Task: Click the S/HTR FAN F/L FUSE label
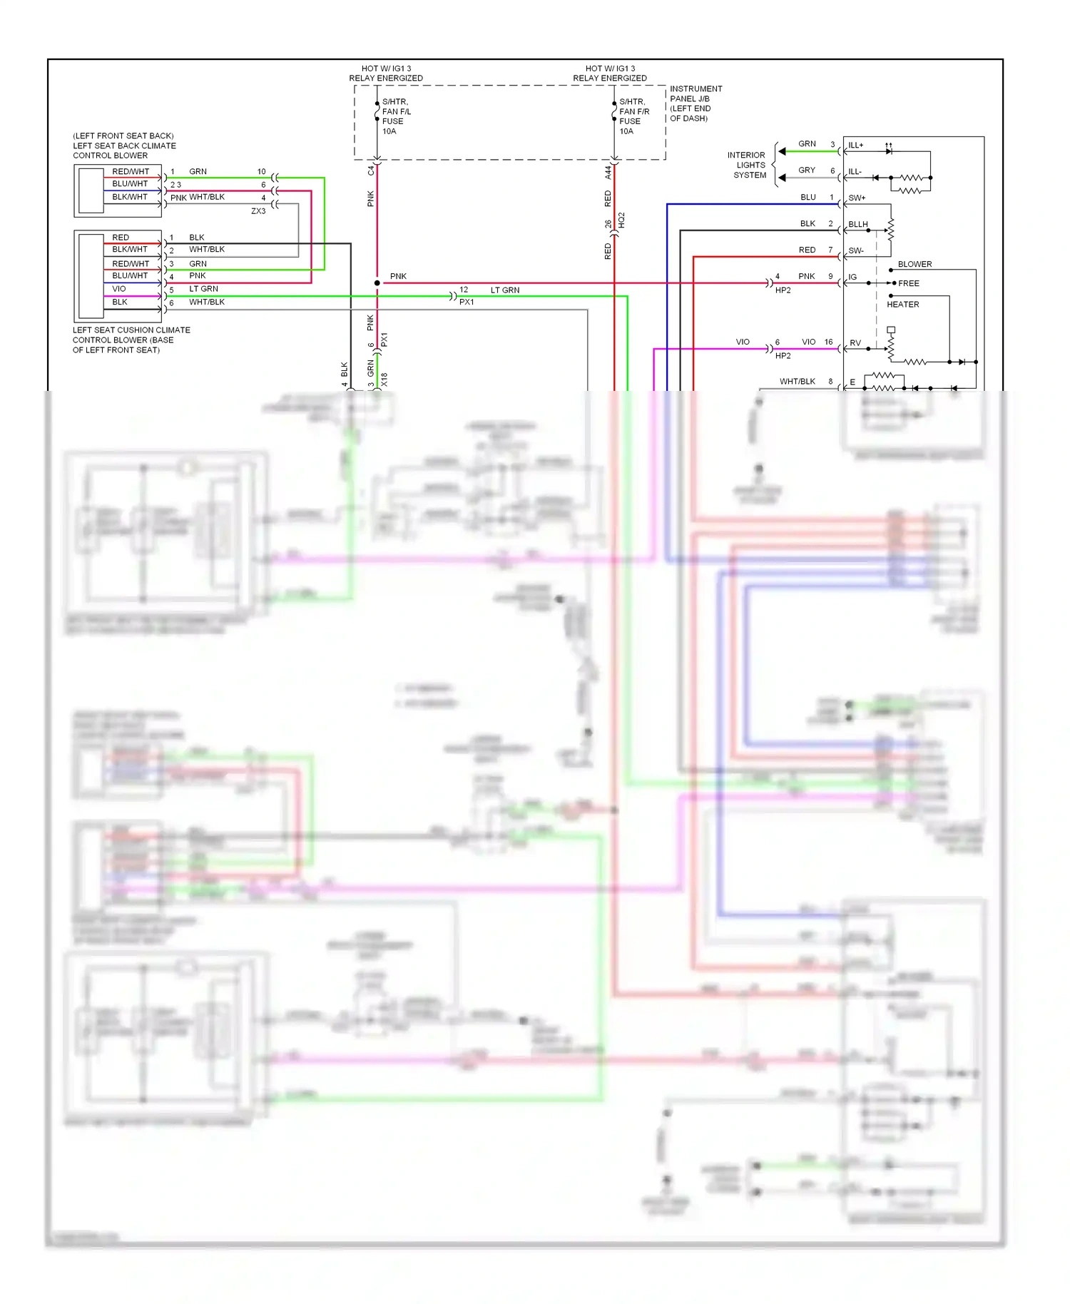tap(396, 116)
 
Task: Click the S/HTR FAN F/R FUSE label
tap(633, 116)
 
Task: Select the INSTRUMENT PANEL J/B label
tap(695, 103)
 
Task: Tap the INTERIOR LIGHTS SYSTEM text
tap(747, 165)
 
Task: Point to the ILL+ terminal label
tap(855, 146)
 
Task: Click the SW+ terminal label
tap(856, 198)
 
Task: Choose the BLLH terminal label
tap(857, 225)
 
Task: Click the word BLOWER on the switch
tap(914, 265)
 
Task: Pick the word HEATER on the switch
tap(902, 305)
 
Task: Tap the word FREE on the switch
tap(908, 284)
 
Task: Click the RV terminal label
tap(855, 344)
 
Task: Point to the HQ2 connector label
tap(621, 220)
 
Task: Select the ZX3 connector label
tap(258, 212)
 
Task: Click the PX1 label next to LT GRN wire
tap(467, 302)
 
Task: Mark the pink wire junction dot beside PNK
tap(377, 283)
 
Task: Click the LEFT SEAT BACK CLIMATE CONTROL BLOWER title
tap(124, 146)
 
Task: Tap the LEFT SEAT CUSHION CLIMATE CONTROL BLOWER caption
tap(131, 340)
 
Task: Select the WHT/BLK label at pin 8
tap(797, 382)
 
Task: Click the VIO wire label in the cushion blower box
tap(119, 290)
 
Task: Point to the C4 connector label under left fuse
tap(370, 170)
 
